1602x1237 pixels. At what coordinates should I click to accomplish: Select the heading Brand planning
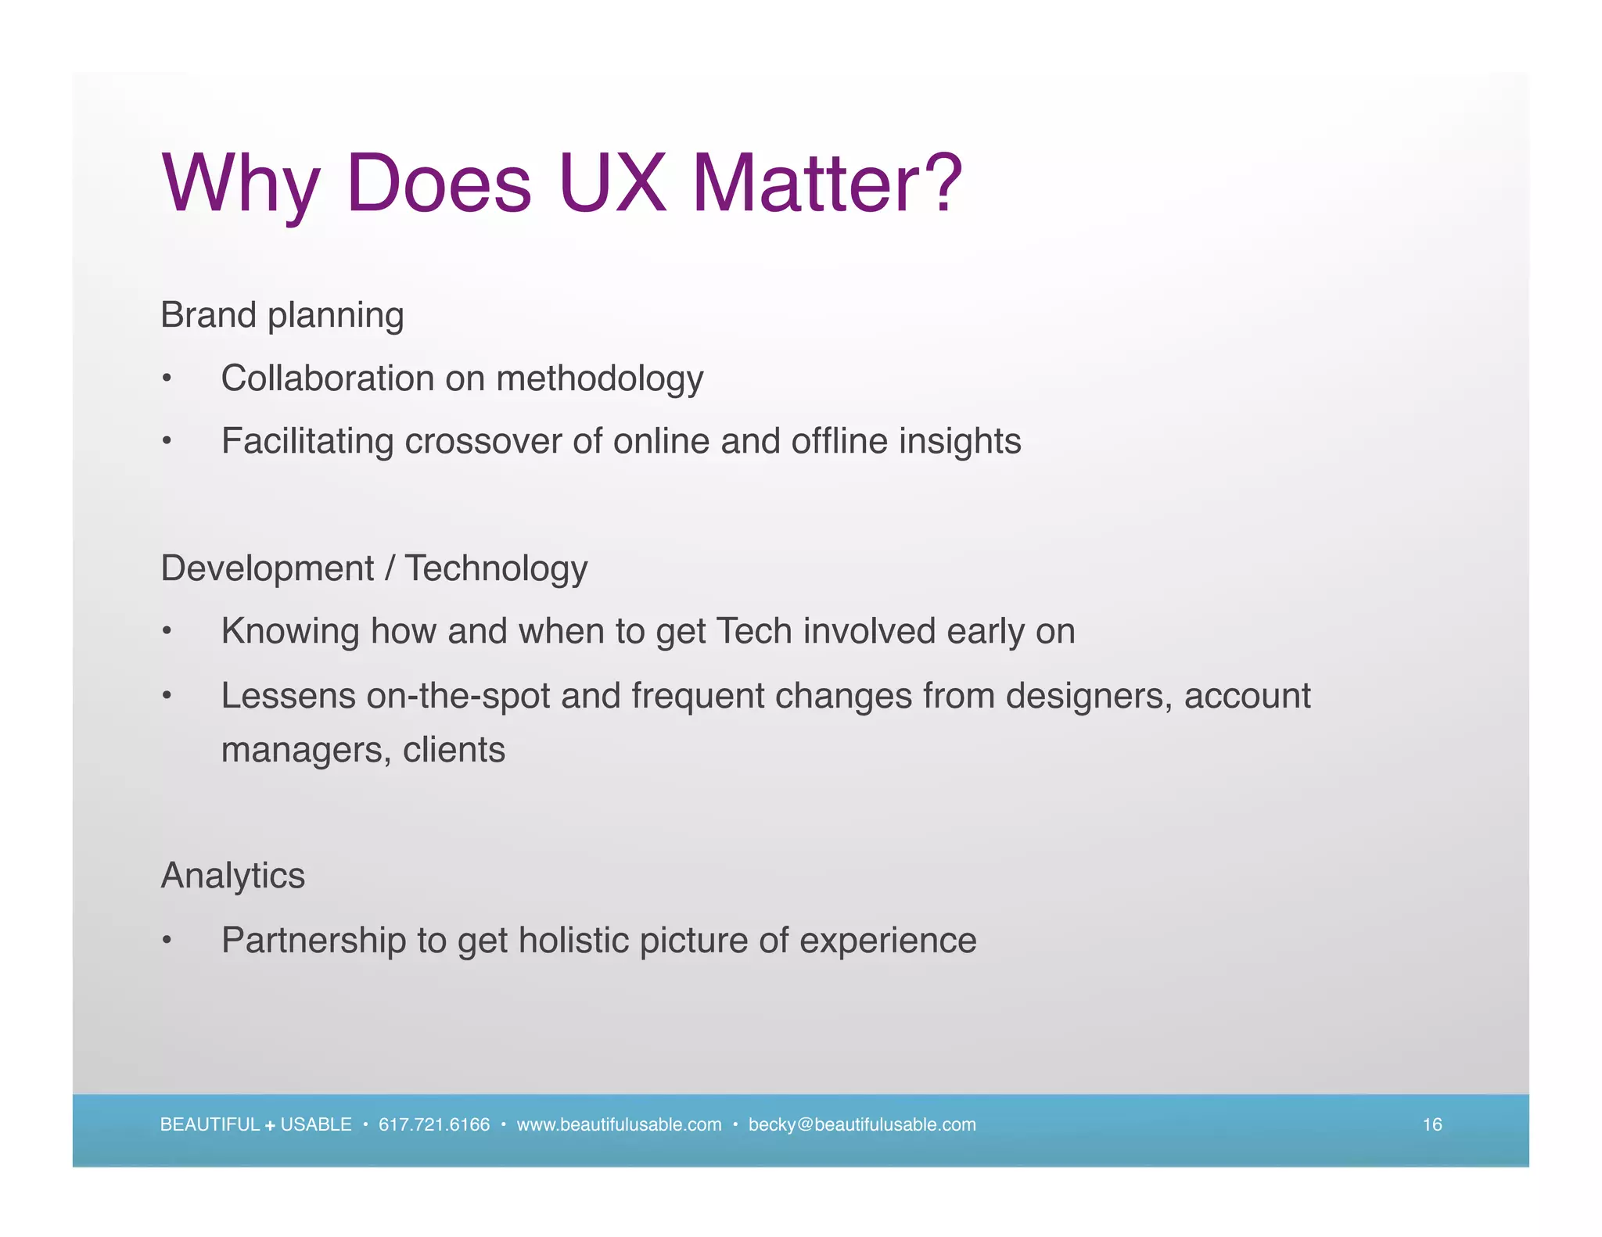click(x=282, y=316)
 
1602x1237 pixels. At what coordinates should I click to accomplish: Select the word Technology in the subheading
click(x=496, y=569)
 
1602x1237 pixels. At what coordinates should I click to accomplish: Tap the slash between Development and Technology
click(x=389, y=568)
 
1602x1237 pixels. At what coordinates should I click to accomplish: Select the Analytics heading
click(x=232, y=876)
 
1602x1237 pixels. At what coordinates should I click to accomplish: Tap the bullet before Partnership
click(x=166, y=941)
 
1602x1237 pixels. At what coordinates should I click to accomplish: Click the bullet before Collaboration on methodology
click(x=166, y=379)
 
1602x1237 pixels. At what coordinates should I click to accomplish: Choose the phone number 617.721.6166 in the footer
click(x=433, y=1124)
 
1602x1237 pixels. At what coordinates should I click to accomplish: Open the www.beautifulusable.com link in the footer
click(x=619, y=1124)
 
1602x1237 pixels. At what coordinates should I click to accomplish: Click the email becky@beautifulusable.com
click(x=862, y=1124)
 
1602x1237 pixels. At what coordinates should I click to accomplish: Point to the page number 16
click(x=1431, y=1124)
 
